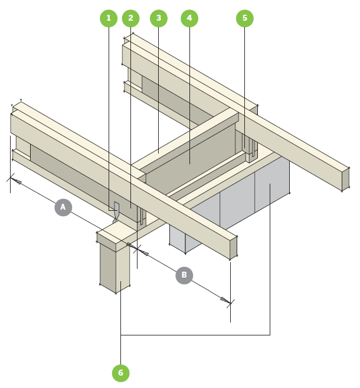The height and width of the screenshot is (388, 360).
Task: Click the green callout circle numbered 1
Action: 108,18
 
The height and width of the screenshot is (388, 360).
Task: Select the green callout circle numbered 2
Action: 130,18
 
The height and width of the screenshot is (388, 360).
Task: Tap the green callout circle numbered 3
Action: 158,18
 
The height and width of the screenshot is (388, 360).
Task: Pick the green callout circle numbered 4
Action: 189,18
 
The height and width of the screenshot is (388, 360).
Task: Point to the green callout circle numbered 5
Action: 244,18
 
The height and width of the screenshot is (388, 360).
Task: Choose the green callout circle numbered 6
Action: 120,373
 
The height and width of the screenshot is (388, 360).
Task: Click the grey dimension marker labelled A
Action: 63,207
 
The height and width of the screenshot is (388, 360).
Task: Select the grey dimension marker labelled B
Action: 184,275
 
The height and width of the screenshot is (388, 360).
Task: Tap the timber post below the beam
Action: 114,269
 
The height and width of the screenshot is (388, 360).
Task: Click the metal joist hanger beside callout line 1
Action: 116,211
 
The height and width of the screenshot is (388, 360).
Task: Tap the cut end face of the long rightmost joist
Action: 345,178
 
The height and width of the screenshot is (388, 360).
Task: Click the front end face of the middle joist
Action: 233,247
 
